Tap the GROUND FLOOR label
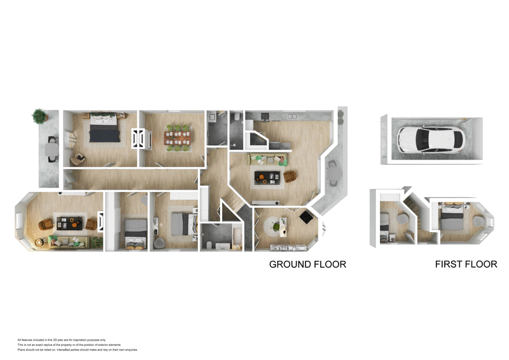307,264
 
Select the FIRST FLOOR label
466,264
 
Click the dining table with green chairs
177,137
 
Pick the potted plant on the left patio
40,116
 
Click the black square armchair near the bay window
305,218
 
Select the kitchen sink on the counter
292,116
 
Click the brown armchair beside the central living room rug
289,176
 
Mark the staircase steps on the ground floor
230,210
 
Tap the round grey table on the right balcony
331,170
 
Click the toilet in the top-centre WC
237,118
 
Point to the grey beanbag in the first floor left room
402,216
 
